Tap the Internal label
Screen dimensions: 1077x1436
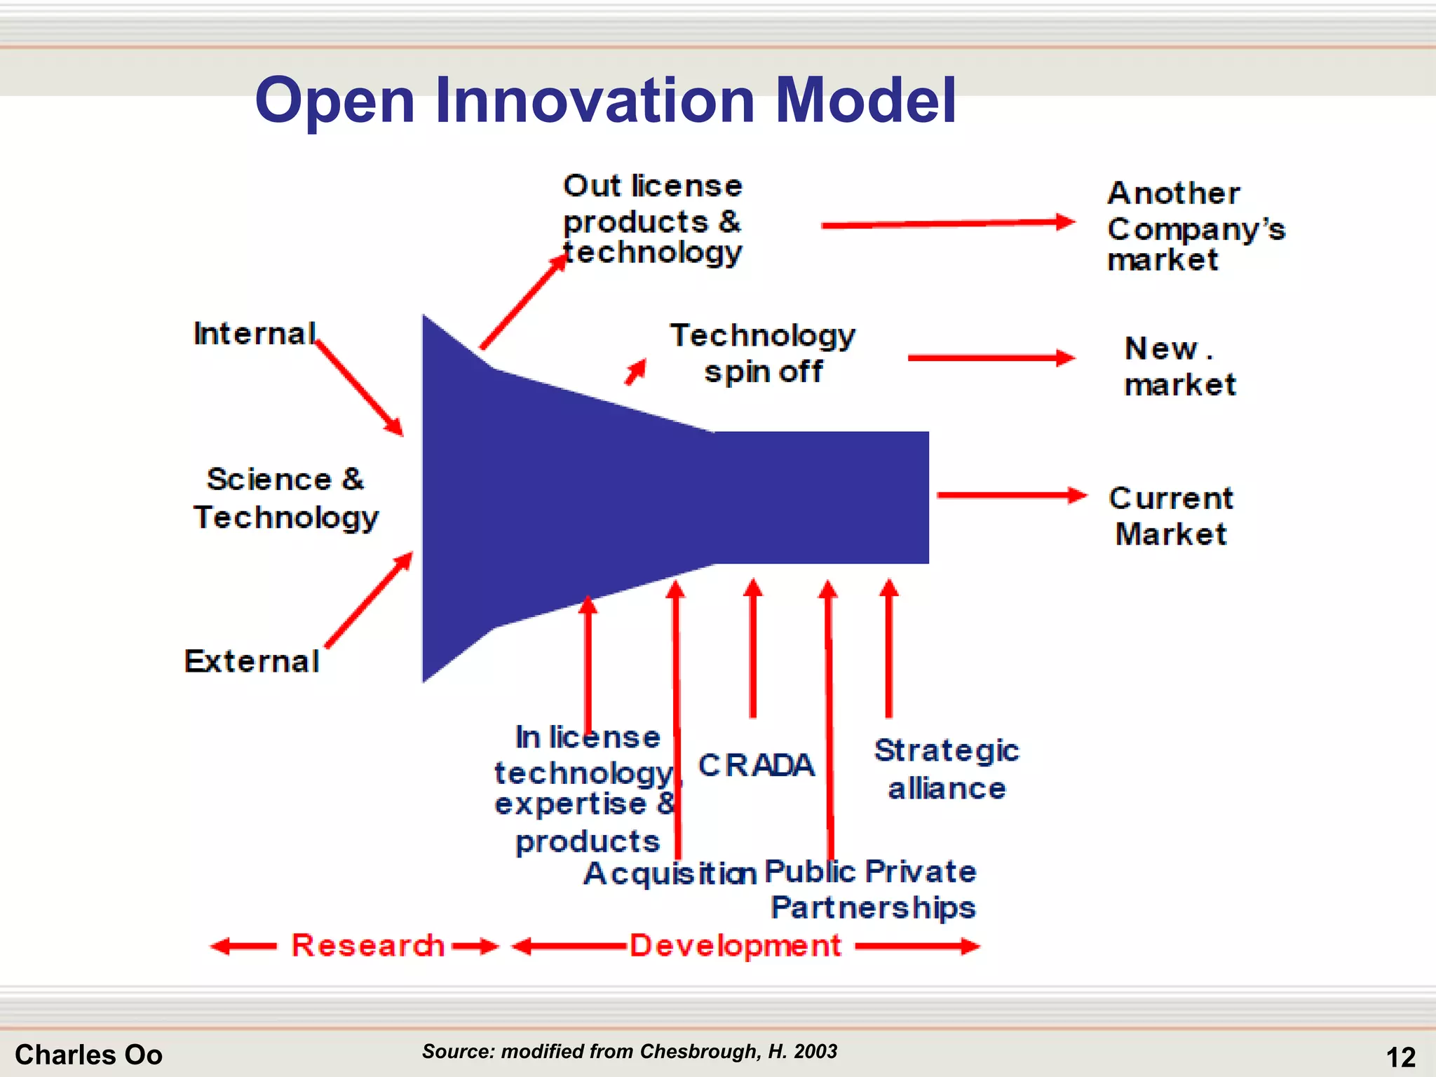click(x=255, y=334)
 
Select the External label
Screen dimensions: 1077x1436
click(x=252, y=661)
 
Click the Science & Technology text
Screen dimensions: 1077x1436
click(x=286, y=498)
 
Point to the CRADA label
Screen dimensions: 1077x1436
click(x=756, y=765)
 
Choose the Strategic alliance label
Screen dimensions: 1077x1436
click(x=946, y=769)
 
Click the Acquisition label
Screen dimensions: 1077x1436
click(x=670, y=874)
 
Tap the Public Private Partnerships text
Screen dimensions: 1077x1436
click(x=872, y=889)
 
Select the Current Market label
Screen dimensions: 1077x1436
click(x=1171, y=516)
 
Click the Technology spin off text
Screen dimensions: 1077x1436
click(x=763, y=353)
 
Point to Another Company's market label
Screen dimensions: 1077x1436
click(x=1195, y=226)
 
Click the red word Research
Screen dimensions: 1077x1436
click(x=367, y=945)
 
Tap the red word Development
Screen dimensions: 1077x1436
click(x=735, y=945)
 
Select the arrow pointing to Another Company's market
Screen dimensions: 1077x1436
click(x=947, y=224)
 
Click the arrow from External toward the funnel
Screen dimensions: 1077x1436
click(x=369, y=600)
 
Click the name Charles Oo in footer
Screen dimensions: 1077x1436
click(x=88, y=1055)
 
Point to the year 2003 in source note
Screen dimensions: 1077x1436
click(x=815, y=1051)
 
